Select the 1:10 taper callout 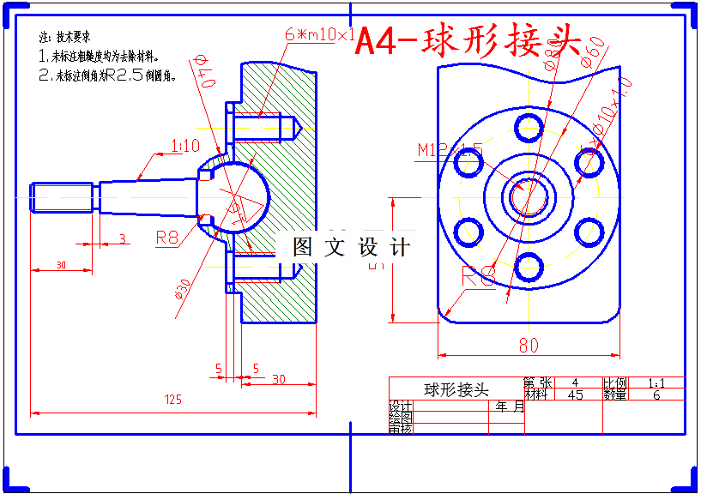(185, 146)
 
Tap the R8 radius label (167, 238)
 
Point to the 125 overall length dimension (174, 400)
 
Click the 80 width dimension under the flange (529, 345)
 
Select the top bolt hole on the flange (529, 129)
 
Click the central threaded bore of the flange (528, 196)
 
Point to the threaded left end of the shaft (61, 196)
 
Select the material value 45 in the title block (575, 395)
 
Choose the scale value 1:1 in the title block (656, 383)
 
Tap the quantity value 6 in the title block (656, 395)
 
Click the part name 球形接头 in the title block (456, 390)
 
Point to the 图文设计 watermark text (351, 248)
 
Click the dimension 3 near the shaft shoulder (123, 238)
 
